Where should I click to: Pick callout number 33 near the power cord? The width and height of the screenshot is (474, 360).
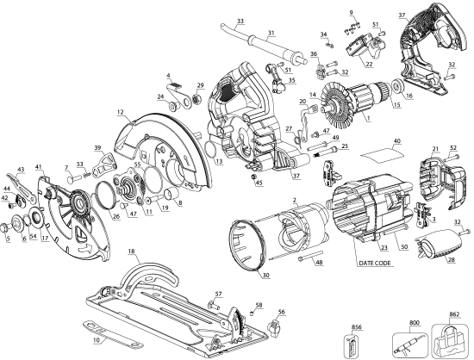240,19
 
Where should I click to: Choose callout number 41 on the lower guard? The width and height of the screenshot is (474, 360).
39,166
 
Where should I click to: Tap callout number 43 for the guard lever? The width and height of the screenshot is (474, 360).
20,169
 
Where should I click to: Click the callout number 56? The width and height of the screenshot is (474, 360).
281,313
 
